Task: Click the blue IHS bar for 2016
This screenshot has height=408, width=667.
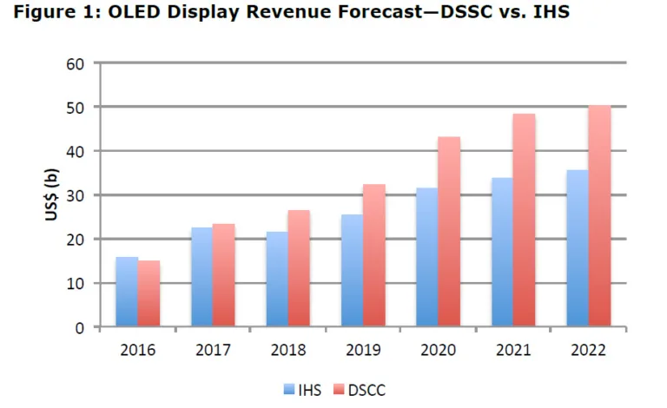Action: click(x=127, y=293)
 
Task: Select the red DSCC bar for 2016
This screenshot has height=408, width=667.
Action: click(x=149, y=294)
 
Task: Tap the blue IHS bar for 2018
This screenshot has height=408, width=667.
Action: click(x=276, y=280)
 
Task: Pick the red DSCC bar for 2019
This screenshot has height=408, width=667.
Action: click(x=373, y=256)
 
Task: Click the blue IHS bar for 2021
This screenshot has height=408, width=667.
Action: click(x=501, y=253)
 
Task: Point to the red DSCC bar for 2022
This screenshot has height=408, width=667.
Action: click(x=598, y=217)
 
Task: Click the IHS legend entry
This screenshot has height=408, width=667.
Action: click(x=299, y=391)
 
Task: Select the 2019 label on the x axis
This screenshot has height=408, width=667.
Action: click(x=362, y=351)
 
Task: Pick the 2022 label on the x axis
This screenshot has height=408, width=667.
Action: click(x=587, y=351)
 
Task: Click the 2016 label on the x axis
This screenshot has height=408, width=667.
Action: click(x=138, y=351)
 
